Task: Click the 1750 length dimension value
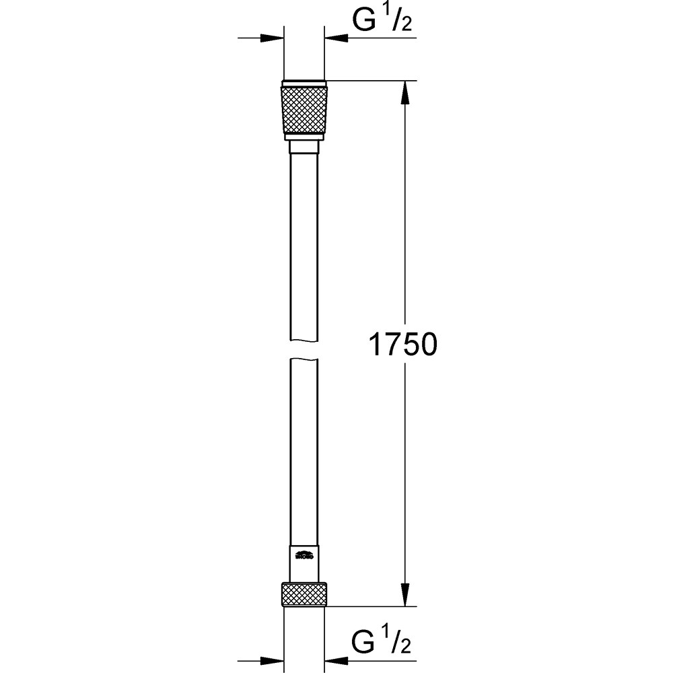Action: tap(403, 345)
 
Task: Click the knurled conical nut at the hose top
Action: tap(304, 110)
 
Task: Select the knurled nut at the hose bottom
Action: tap(304, 594)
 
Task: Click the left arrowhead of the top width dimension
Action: tap(272, 38)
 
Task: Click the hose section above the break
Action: tap(304, 242)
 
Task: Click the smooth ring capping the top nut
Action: tap(304, 85)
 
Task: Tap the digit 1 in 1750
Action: tap(375, 345)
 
